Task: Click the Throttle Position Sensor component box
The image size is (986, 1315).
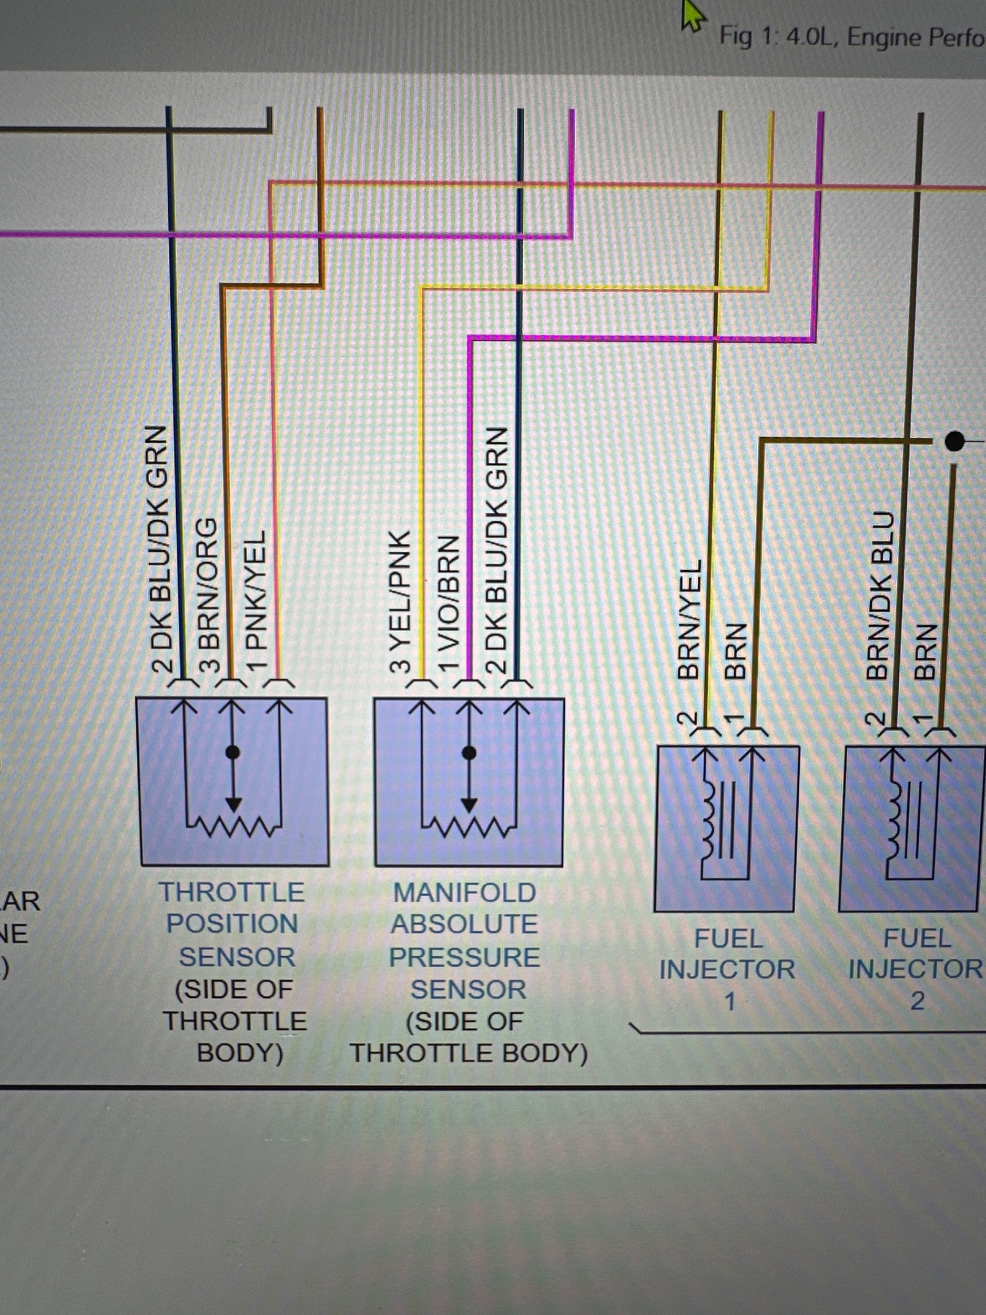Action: point(233,781)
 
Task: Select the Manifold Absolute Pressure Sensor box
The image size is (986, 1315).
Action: point(469,781)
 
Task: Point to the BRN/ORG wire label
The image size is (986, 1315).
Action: point(207,594)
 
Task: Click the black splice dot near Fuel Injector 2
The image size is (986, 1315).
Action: point(954,441)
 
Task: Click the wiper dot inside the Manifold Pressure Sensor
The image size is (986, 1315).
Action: point(470,753)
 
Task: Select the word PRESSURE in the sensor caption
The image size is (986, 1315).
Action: point(464,957)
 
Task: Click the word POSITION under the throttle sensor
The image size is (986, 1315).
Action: point(232,924)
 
